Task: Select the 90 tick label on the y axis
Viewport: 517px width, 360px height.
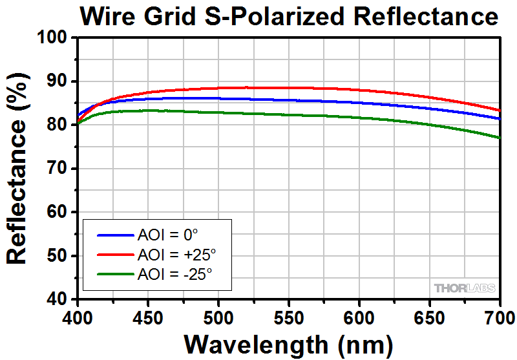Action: click(x=58, y=81)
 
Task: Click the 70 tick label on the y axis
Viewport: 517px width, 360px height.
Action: click(x=58, y=169)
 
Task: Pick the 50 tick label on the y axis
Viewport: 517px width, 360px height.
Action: click(x=58, y=256)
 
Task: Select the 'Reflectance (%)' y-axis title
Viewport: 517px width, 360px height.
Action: click(x=18, y=168)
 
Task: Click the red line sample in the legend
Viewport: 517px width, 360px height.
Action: click(x=114, y=254)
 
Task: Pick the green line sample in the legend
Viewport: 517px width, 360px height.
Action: click(x=114, y=275)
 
